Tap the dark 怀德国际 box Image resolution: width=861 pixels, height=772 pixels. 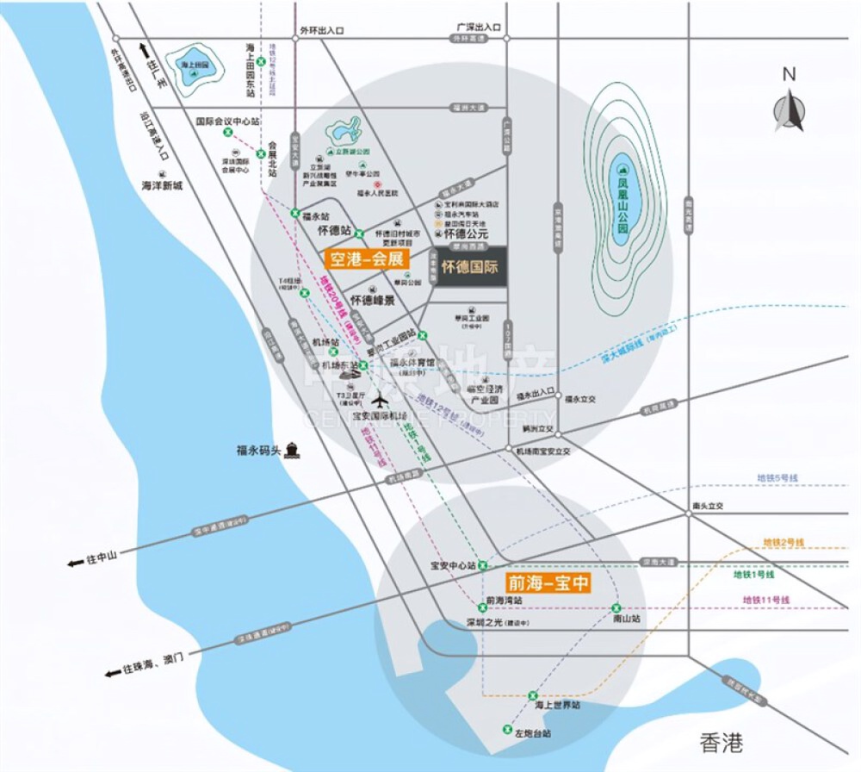[469, 267]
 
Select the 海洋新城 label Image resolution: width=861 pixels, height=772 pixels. [163, 184]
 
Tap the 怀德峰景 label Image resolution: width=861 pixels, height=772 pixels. [372, 301]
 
